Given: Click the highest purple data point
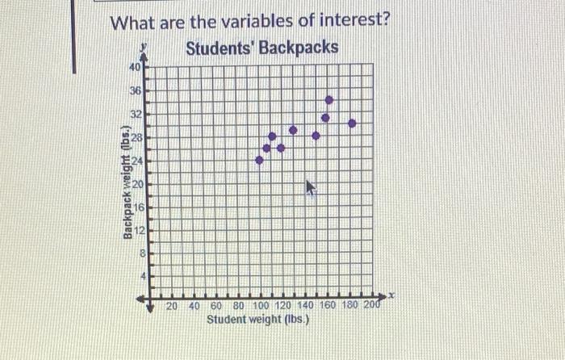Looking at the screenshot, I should [x=329, y=100].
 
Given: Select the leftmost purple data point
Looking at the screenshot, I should [x=259, y=160].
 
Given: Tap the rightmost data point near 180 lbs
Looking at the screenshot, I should [x=352, y=123].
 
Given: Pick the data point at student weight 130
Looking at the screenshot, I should [x=293, y=129].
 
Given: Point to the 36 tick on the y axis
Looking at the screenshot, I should [x=135, y=92].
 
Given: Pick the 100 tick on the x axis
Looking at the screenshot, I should [x=262, y=306].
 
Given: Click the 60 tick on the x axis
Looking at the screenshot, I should [x=216, y=306].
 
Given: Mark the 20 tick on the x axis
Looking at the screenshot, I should [x=172, y=306].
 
